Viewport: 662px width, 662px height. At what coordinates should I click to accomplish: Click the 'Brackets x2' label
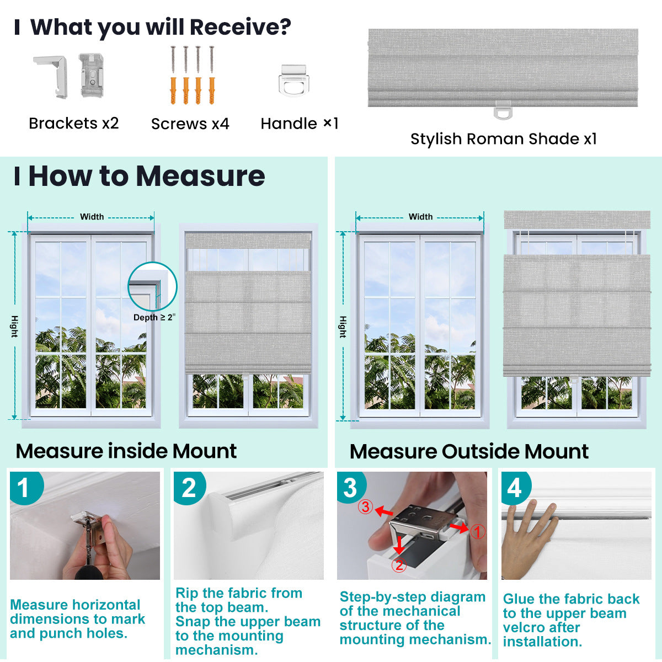[74, 123]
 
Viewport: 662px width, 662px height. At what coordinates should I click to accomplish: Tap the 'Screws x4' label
[190, 124]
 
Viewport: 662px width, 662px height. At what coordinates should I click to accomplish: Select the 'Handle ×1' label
[299, 124]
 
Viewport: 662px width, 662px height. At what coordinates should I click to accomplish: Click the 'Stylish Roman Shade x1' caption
[503, 139]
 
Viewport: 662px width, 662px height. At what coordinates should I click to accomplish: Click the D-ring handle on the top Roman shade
[503, 110]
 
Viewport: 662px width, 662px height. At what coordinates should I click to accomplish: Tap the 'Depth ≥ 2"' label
[154, 318]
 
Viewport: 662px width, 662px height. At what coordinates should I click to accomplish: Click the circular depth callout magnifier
[152, 287]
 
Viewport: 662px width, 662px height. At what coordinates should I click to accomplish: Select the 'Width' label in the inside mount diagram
[92, 217]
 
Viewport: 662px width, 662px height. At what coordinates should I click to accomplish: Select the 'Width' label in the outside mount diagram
[420, 217]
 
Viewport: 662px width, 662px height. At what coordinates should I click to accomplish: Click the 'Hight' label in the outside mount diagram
[343, 327]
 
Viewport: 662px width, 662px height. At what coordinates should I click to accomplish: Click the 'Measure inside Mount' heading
[126, 451]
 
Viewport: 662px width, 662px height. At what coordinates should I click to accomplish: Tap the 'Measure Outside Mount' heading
[469, 452]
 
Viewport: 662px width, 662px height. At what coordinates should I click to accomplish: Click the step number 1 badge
[23, 488]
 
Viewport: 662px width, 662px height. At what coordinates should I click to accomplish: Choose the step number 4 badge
[514, 488]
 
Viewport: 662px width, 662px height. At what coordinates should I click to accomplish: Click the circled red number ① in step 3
[477, 531]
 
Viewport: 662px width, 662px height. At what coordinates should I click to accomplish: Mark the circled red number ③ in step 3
[365, 506]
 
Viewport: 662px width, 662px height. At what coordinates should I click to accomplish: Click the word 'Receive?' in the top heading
[240, 27]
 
